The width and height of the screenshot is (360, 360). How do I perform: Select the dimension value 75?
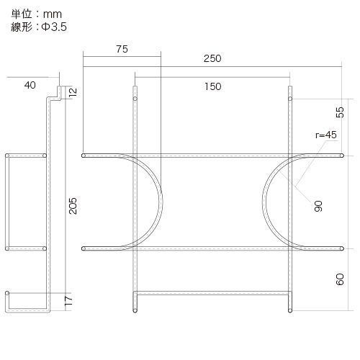[121, 49]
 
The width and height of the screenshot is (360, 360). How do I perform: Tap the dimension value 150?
[212, 86]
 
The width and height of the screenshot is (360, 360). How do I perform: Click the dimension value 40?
[30, 85]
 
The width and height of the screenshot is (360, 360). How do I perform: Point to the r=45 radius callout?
[325, 135]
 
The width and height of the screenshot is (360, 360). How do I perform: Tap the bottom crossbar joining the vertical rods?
[212, 293]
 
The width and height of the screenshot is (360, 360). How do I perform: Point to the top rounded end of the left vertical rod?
[134, 90]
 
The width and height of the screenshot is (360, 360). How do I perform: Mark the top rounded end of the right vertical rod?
[290, 90]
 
